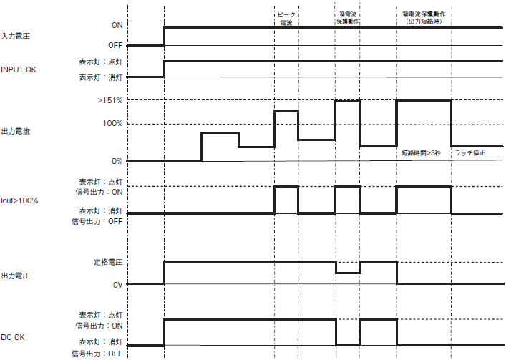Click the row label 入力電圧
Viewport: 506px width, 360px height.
tap(15, 36)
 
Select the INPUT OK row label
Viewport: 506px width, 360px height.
tap(19, 69)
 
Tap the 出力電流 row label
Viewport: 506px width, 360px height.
tap(15, 131)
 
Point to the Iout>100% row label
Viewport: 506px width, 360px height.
tap(19, 200)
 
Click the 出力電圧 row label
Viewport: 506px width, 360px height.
tap(15, 276)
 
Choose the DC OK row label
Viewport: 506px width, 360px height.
tap(13, 337)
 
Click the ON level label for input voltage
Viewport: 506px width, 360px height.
tap(117, 25)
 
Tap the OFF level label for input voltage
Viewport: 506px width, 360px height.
tap(115, 46)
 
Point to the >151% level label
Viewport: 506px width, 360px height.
tap(110, 101)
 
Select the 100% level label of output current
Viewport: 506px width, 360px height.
tap(112, 124)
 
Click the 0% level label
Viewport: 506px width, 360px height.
tap(117, 161)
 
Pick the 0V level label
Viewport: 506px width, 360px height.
tap(118, 285)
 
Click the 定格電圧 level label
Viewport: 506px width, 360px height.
tap(108, 262)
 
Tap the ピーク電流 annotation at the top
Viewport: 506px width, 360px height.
tap(286, 19)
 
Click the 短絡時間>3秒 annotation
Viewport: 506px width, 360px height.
tap(421, 153)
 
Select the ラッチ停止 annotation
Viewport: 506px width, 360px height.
tap(469, 153)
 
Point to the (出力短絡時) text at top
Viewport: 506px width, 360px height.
tap(424, 21)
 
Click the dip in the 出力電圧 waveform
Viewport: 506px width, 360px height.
tap(349, 273)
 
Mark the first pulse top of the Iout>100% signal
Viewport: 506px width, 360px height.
tap(286, 187)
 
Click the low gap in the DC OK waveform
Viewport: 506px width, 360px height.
tap(349, 345)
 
